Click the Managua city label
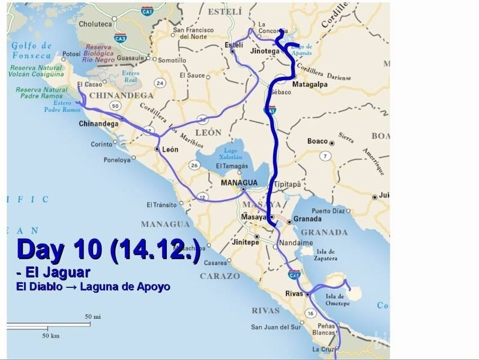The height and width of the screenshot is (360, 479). pos(239,182)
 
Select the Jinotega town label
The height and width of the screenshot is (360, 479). pos(264,52)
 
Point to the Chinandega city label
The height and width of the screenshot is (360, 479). pos(97,124)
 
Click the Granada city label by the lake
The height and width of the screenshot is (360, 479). pos(308,220)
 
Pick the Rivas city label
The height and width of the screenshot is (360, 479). pos(294,293)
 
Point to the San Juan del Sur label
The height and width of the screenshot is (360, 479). pos(274,328)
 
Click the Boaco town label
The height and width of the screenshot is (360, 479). pos(317,142)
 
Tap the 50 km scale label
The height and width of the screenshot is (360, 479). pos(50,335)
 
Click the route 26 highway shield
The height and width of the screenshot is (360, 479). pos(194,165)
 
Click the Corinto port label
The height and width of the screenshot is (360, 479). pos(101,144)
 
